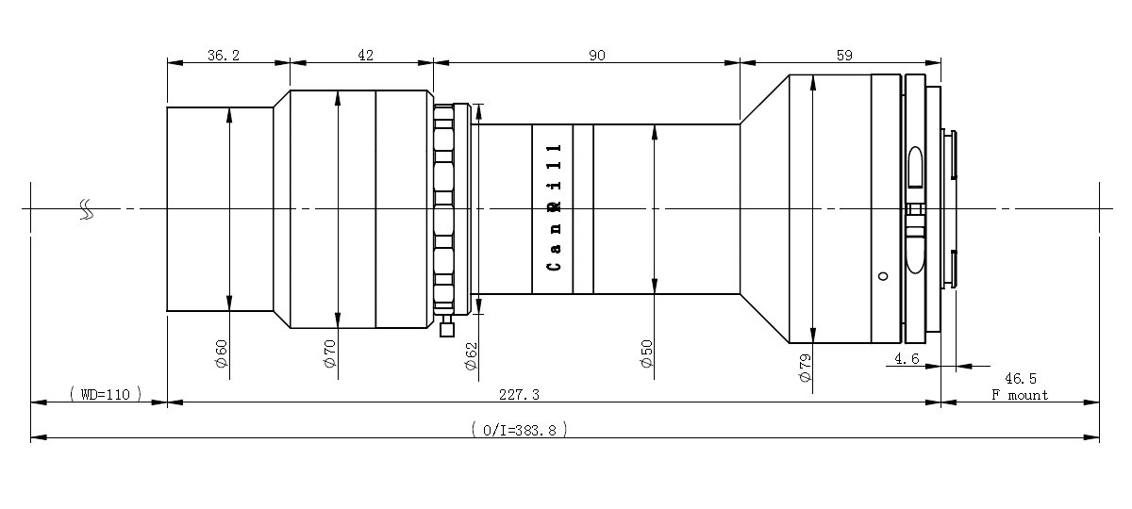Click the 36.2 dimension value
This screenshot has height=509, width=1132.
point(224,55)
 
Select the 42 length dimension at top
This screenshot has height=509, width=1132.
point(365,55)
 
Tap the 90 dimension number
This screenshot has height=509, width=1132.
point(597,55)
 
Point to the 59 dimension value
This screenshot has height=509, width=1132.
point(844,55)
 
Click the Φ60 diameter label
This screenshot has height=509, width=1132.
point(222,354)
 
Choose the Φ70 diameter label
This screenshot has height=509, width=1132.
point(329,353)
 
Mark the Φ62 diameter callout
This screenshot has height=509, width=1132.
point(471,356)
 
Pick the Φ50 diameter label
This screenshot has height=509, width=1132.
point(647,354)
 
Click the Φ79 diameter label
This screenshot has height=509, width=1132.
point(805,368)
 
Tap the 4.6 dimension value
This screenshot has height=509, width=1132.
point(907,358)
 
